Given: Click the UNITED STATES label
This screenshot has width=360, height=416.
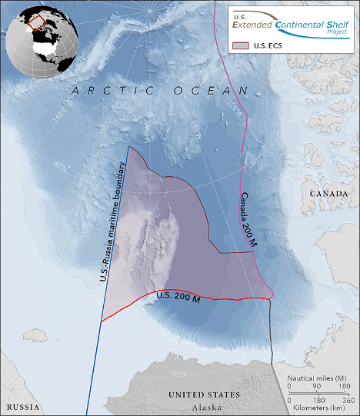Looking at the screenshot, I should [204, 394].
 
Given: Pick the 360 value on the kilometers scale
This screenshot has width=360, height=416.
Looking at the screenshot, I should [347, 401].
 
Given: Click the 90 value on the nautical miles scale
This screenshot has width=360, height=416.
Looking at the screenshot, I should [318, 387].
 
